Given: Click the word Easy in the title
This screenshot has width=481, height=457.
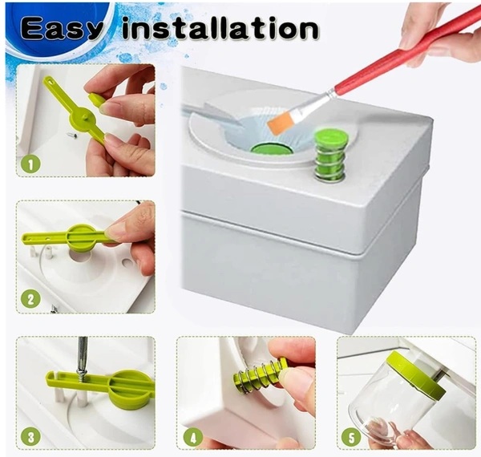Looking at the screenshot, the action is click(x=63, y=30).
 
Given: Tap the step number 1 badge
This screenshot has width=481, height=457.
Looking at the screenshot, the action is click(x=30, y=164).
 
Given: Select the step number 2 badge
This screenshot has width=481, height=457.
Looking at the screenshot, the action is click(x=31, y=300).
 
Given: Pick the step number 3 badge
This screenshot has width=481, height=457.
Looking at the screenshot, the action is click(x=31, y=437).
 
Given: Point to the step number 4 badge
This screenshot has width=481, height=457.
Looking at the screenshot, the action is click(x=193, y=437).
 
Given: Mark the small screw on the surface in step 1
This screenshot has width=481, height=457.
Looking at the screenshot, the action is click(x=72, y=134).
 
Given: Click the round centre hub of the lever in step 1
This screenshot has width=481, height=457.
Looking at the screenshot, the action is click(x=85, y=115).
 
